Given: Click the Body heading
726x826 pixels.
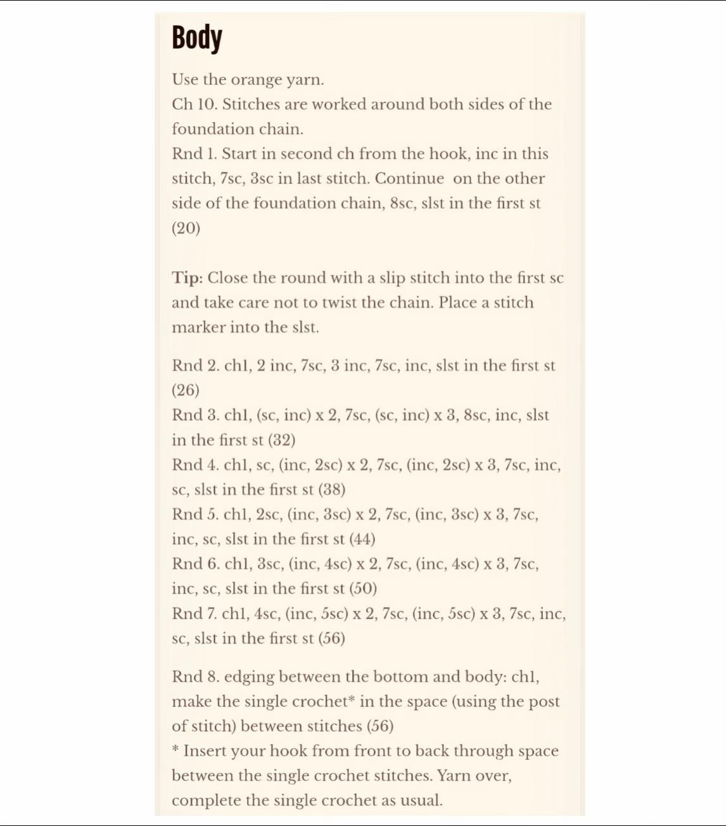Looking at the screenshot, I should click(x=197, y=38).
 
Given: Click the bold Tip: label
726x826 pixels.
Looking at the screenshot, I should click(x=187, y=278).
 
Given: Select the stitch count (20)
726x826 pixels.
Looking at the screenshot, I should click(x=186, y=228).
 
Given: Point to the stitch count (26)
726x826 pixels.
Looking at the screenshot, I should click(x=186, y=390).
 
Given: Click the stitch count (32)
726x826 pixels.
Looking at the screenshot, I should click(x=282, y=440).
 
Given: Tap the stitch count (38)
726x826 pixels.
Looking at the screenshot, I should click(x=331, y=490).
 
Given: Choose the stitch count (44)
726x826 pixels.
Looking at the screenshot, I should click(x=362, y=539).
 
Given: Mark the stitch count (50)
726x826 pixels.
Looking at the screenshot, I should click(x=364, y=588).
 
